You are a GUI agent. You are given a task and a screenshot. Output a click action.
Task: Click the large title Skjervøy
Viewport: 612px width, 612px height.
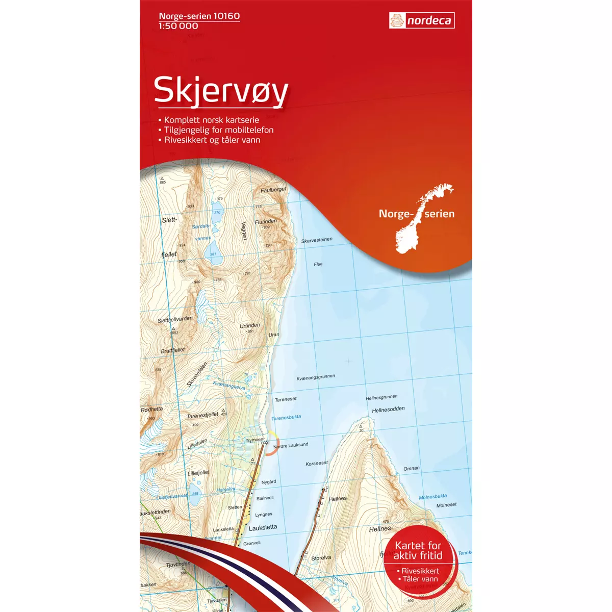click(x=221, y=90)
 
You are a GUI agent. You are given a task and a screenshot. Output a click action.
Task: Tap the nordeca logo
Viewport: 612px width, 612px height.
click(x=422, y=21)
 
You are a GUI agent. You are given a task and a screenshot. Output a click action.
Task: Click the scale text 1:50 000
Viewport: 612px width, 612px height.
click(x=178, y=26)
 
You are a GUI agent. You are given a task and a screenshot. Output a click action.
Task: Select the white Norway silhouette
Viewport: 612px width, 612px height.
click(x=421, y=219)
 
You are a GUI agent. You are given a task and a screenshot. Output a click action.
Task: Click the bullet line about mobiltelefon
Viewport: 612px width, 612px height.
click(x=218, y=130)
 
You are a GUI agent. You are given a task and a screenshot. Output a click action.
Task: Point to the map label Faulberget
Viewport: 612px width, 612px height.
click(x=273, y=190)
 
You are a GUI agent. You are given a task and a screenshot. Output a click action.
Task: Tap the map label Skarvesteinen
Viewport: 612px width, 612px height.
click(x=317, y=240)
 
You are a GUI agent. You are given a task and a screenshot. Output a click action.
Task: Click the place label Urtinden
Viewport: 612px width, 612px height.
click(x=250, y=325)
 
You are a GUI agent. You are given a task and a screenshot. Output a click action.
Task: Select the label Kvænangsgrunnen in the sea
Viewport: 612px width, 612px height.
click(x=316, y=377)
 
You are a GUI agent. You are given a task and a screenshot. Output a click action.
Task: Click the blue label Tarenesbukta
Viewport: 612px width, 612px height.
click(x=286, y=417)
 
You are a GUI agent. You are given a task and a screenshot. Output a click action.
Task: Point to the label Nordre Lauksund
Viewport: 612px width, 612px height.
click(x=291, y=446)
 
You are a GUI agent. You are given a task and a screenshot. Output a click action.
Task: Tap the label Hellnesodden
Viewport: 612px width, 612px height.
click(x=388, y=410)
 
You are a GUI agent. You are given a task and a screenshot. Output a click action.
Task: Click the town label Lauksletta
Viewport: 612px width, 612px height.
click(x=263, y=527)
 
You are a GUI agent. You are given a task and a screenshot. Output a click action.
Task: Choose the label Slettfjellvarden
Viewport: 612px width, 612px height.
click(x=175, y=320)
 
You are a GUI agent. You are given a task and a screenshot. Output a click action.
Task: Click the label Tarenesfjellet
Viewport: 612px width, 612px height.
click(x=202, y=416)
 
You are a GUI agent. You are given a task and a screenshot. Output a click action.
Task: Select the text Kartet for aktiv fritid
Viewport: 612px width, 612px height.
click(x=418, y=550)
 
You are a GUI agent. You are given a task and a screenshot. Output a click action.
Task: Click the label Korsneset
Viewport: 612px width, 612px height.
click(x=317, y=464)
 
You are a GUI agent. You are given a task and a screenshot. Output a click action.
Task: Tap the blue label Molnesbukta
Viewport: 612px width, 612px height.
click(x=432, y=497)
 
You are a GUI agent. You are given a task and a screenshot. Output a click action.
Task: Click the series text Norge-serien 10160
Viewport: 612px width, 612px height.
click(x=199, y=16)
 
